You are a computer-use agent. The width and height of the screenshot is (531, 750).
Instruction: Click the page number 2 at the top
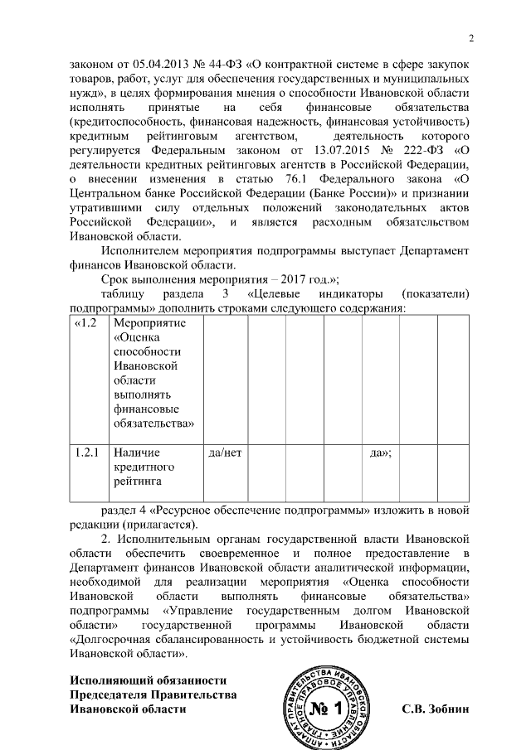tap(470, 37)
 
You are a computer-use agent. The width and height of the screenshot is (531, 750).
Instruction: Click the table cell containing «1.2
tap(89, 322)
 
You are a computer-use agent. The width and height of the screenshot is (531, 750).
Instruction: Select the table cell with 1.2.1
tap(87, 453)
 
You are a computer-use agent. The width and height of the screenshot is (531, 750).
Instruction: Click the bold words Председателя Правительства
tap(152, 694)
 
